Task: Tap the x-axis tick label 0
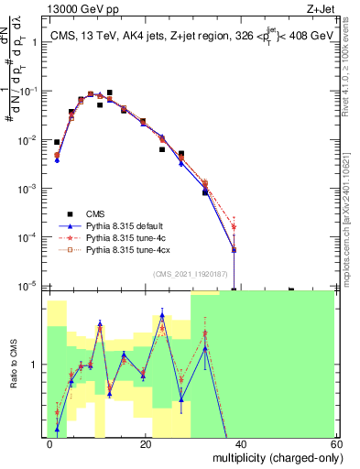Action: (x=49, y=443)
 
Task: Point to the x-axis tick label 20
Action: (x=146, y=443)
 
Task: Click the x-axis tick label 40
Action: (x=240, y=443)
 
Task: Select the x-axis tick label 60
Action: (x=334, y=443)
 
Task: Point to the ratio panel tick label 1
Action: (x=34, y=365)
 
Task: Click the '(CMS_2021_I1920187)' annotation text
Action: (x=191, y=274)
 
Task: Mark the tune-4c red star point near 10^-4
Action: (x=235, y=226)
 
